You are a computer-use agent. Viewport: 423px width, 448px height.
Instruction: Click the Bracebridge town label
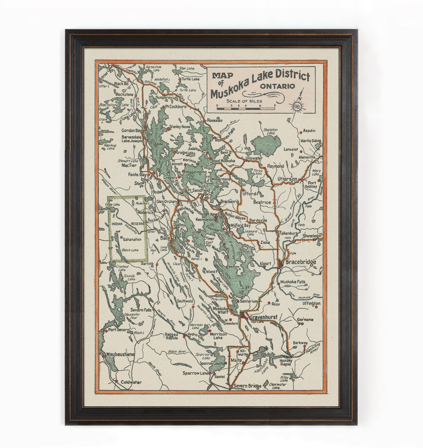(300, 262)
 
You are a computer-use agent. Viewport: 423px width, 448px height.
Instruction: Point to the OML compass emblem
(297, 107)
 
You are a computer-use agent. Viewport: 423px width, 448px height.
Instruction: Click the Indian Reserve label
(127, 223)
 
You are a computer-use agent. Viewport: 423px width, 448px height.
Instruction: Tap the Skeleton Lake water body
(266, 142)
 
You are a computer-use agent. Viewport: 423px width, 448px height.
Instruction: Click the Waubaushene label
(117, 354)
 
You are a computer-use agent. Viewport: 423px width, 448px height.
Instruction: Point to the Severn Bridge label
(247, 387)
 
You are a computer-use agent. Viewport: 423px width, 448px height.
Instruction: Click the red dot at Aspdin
(301, 131)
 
